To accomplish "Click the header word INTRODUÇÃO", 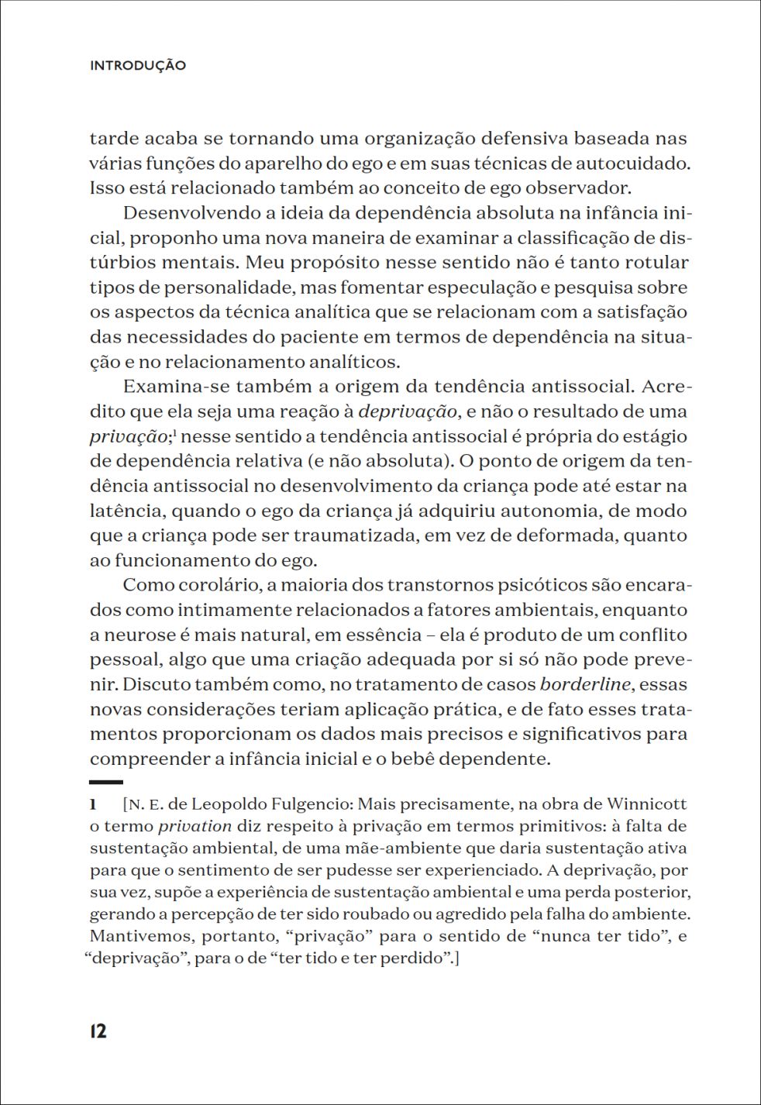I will pos(138,66).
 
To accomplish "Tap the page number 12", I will pos(98,1031).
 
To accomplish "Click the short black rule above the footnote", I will pos(106,782).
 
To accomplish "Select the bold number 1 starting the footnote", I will pos(93,804).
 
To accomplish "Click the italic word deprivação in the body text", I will pos(408,411).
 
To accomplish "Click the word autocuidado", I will pos(628,164).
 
